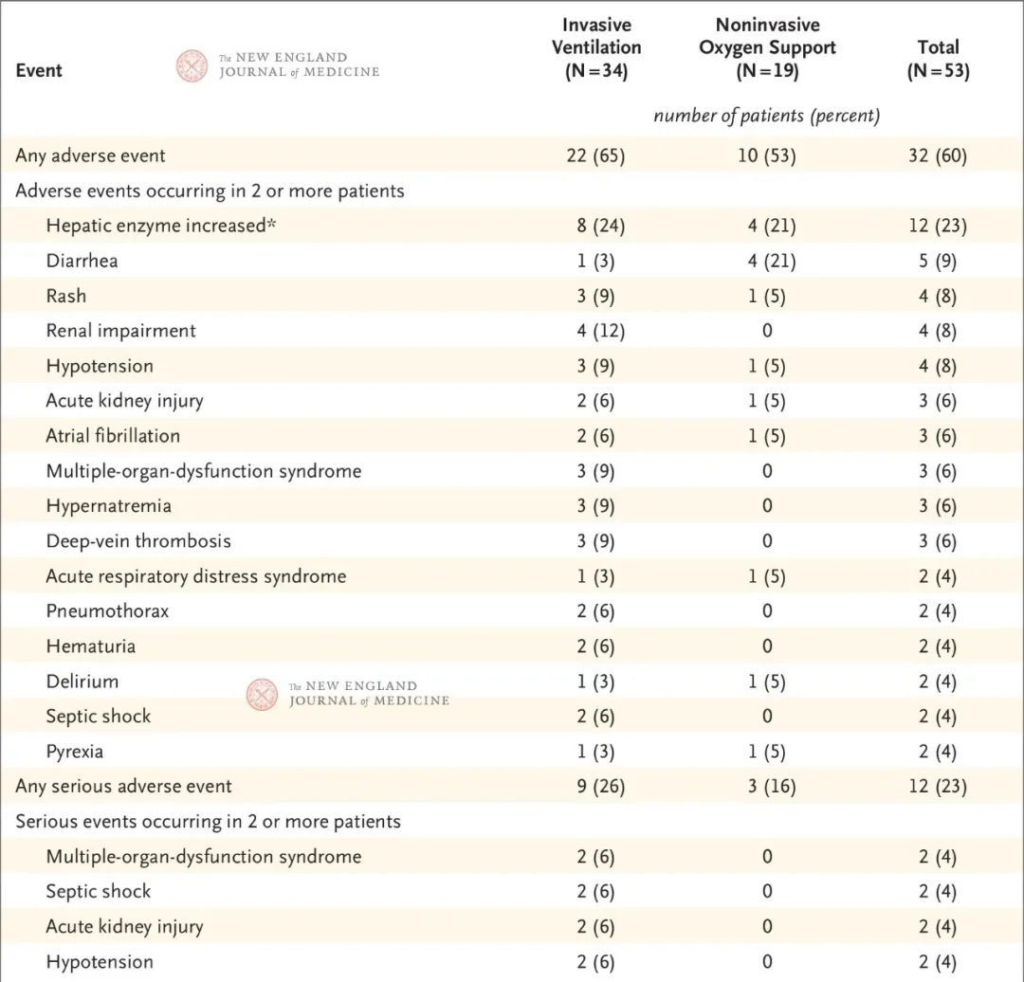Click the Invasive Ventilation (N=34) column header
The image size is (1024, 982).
coord(596,47)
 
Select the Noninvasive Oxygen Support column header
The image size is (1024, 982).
coord(767,47)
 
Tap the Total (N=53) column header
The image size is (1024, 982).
coord(938,59)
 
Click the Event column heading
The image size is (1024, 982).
coord(39,70)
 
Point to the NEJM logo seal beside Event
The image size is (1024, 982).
coord(192,66)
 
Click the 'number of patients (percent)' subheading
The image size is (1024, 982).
coord(767,116)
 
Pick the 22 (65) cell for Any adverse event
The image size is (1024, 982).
coord(595,155)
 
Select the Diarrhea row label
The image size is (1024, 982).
coord(82,261)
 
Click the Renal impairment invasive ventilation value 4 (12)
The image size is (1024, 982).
coord(600,331)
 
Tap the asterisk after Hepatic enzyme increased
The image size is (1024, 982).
coord(271,224)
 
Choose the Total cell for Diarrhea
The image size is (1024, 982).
coord(938,261)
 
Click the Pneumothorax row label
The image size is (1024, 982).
coord(107,611)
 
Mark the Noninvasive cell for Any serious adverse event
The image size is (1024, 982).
coord(771,786)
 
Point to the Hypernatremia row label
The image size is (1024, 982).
coord(108,506)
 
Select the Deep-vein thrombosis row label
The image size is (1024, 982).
coord(138,541)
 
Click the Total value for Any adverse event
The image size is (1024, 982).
coord(938,155)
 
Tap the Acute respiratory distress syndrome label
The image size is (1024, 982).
coord(196,576)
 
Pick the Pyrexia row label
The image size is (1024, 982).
coord(75,752)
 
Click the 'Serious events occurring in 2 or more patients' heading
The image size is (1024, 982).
coord(208,822)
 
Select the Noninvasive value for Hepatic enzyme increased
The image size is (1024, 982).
coord(771,226)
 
